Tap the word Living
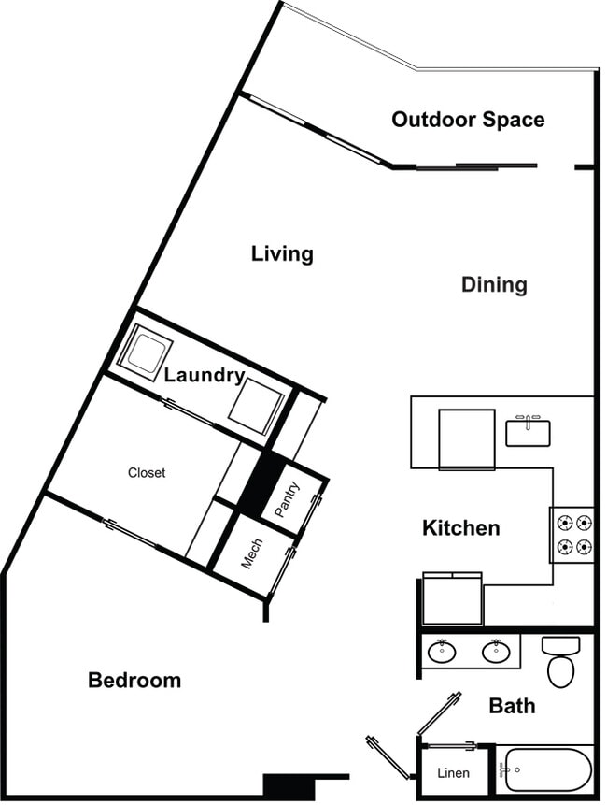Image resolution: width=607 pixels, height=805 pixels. [282, 253]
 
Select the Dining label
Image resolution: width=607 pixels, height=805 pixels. [494, 284]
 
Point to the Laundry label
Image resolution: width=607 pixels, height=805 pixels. [205, 376]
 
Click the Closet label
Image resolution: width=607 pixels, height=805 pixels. [147, 473]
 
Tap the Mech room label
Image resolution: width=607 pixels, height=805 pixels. [252, 553]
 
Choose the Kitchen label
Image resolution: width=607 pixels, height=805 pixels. [461, 528]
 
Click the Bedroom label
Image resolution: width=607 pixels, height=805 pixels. [134, 680]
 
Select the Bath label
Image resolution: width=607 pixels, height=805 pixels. [513, 705]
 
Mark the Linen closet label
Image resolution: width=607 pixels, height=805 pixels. [453, 774]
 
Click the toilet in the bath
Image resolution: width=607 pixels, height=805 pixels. [561, 661]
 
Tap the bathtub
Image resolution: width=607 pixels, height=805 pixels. [544, 769]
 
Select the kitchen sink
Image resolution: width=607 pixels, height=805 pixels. [528, 432]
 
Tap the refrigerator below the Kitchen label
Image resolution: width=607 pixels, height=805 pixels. [452, 598]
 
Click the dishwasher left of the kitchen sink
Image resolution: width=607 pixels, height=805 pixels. [467, 438]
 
